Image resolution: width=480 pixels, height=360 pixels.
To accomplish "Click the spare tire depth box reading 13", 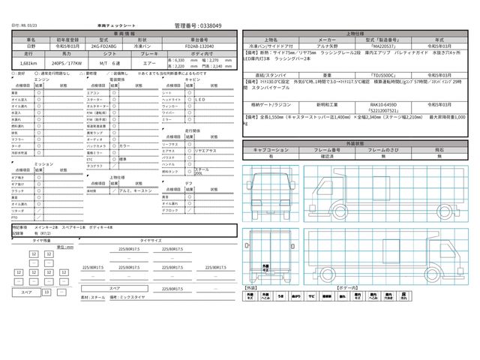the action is [46, 291].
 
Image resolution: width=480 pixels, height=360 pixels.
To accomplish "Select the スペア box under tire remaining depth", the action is [25, 291].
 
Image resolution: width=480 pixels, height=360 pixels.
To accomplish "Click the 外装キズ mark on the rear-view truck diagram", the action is [267, 266].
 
